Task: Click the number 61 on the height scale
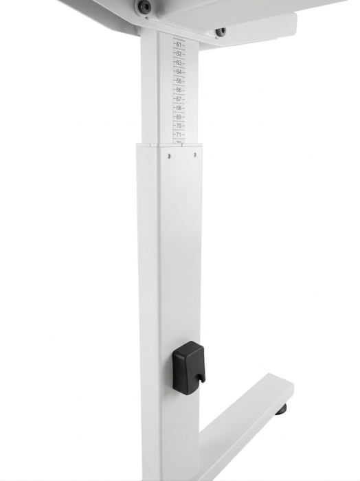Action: (x=179, y=45)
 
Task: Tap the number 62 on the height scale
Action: (x=179, y=54)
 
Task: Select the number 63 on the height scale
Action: (x=179, y=63)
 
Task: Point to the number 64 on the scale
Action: (x=179, y=71)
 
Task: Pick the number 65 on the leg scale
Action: (x=179, y=80)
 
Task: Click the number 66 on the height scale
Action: (x=179, y=89)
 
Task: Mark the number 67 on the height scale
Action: (x=179, y=99)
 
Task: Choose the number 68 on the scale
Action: (x=179, y=108)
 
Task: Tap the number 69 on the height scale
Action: (x=179, y=117)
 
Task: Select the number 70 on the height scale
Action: (x=179, y=126)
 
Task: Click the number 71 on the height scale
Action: (x=179, y=135)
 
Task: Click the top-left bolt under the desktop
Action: (x=144, y=7)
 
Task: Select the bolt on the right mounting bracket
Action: (x=220, y=32)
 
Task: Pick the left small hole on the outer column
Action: (x=168, y=155)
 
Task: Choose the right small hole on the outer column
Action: (x=194, y=155)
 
